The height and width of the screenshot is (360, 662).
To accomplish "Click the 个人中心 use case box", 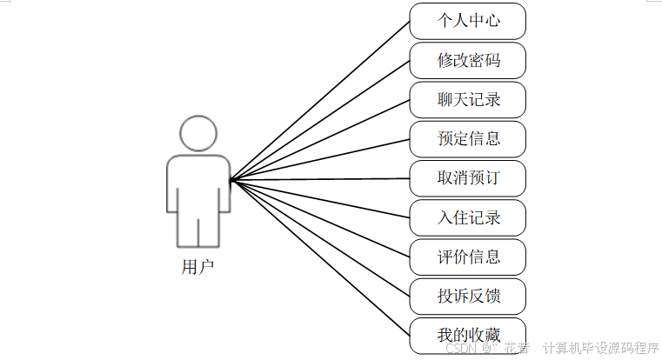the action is pyautogui.click(x=468, y=21).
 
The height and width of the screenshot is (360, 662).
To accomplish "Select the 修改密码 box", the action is pyautogui.click(x=468, y=60).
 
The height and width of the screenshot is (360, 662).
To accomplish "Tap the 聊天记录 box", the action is pyautogui.click(x=468, y=99).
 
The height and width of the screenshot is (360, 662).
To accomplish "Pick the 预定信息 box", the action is pyautogui.click(x=468, y=138).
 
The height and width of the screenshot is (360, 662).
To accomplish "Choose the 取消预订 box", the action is pyautogui.click(x=468, y=178).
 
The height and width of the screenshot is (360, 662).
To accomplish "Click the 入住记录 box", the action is pyautogui.click(x=468, y=217).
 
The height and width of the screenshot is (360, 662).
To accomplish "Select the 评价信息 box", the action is pyautogui.click(x=468, y=257).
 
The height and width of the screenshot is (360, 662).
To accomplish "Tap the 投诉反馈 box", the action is pyautogui.click(x=468, y=296).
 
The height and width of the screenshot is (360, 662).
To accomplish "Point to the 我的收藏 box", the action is pyautogui.click(x=468, y=335).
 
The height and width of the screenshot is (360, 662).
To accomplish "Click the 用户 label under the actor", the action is pyautogui.click(x=197, y=267).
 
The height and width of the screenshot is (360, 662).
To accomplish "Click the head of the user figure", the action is pyautogui.click(x=197, y=132).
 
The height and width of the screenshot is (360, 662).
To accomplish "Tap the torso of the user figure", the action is pyautogui.click(x=197, y=183).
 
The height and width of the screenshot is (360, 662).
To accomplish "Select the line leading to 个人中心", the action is pyautogui.click(x=320, y=100).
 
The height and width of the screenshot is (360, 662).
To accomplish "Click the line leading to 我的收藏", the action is pyautogui.click(x=320, y=257).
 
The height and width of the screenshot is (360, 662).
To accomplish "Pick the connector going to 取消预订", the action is pyautogui.click(x=320, y=179).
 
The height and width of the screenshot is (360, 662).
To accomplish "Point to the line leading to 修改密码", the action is pyautogui.click(x=320, y=120).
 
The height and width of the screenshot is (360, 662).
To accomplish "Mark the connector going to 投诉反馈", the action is pyautogui.click(x=320, y=237).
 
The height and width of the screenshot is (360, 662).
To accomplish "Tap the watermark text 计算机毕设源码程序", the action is pyautogui.click(x=600, y=349).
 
